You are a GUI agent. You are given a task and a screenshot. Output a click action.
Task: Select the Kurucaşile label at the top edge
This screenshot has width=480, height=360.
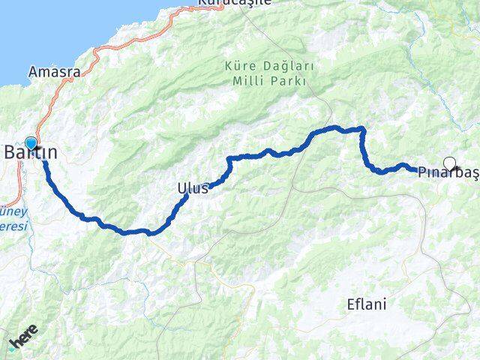coord(232,3)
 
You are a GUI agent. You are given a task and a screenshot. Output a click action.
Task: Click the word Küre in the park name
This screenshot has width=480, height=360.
coord(238,66)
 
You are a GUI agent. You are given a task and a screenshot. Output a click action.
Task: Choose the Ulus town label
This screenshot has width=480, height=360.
coord(193,188)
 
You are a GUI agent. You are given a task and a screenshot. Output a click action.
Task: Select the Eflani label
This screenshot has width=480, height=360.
coord(367,304)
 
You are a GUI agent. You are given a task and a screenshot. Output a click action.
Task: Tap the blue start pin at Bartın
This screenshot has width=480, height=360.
coord(31,142)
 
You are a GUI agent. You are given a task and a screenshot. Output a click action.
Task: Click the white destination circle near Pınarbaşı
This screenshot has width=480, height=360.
coord(449,162)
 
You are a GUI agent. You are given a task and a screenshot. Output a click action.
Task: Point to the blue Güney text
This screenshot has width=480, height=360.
coord(14,211)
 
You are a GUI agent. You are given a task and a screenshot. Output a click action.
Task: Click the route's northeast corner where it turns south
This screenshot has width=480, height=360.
coord(363,129)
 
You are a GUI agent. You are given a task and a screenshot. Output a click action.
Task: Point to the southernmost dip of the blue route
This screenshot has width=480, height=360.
coord(151,232)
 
